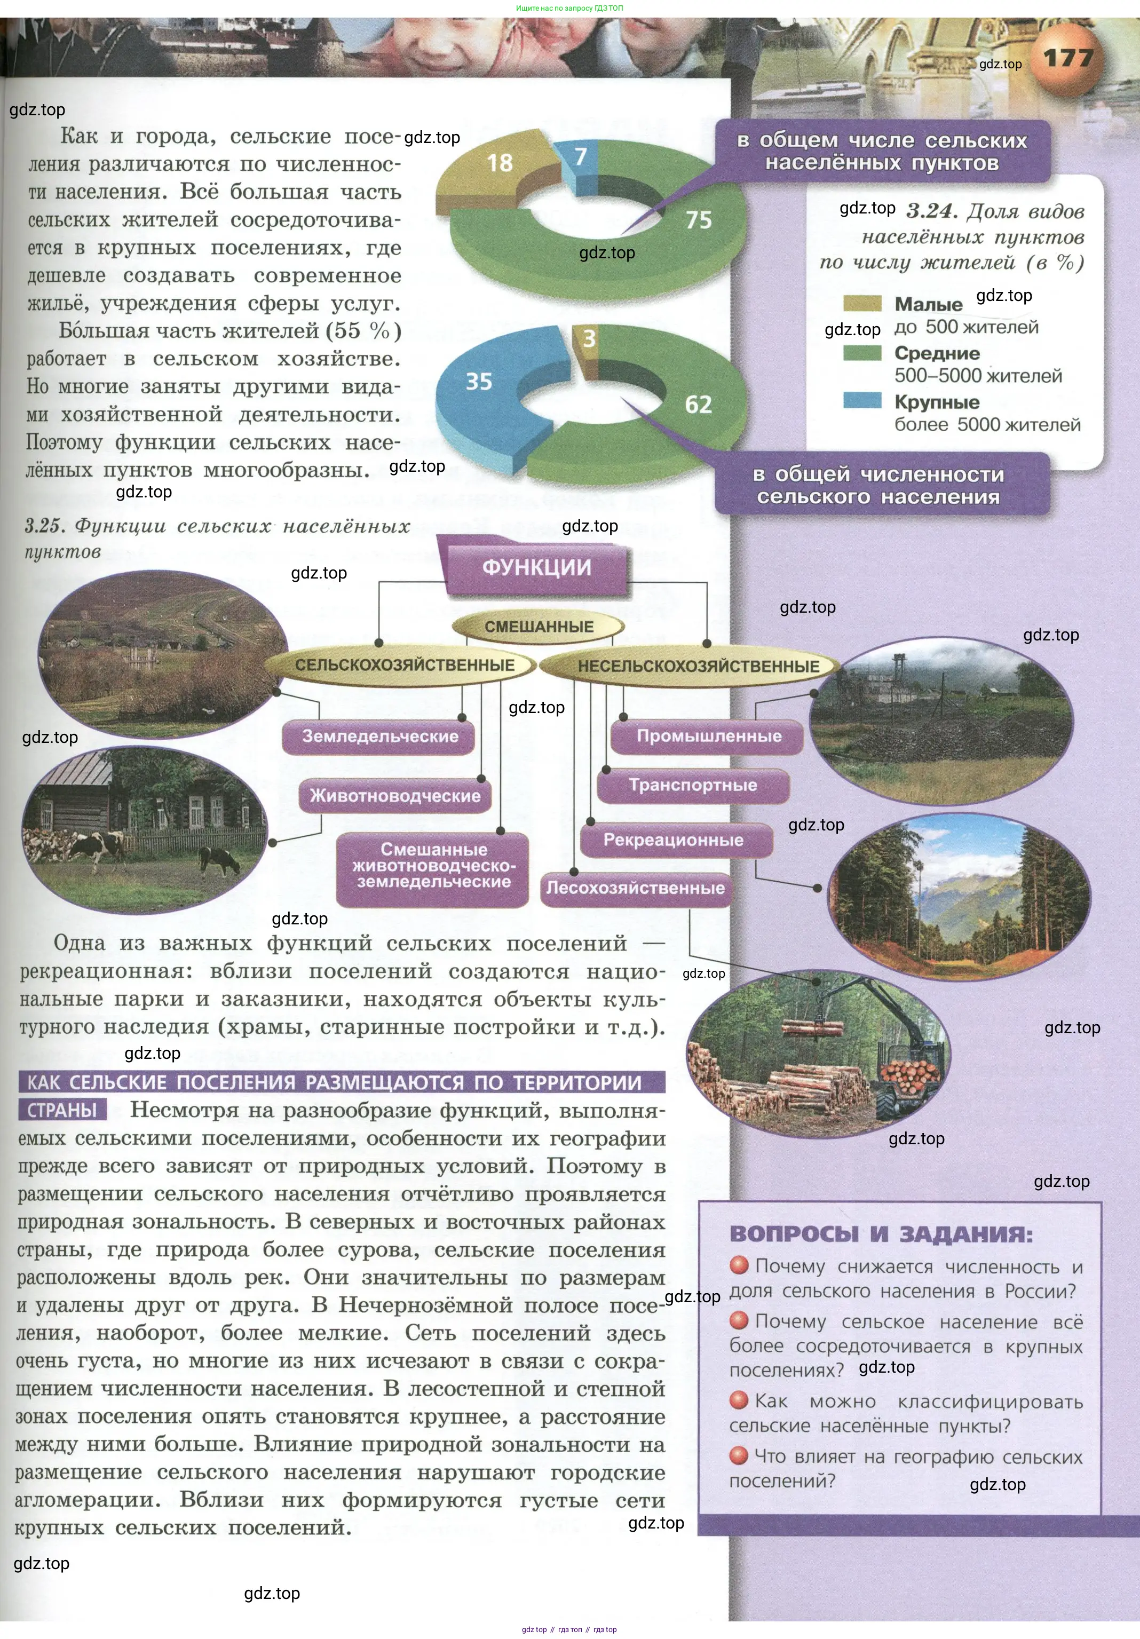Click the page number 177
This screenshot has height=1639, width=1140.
[1068, 58]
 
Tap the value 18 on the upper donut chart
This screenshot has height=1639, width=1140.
[500, 163]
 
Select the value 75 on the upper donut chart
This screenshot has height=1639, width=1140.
[698, 220]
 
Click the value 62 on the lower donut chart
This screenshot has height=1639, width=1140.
[698, 405]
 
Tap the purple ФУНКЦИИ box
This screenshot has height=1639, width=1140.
[537, 568]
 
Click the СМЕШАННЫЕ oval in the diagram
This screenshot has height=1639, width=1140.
[539, 627]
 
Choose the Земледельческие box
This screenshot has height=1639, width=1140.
[380, 737]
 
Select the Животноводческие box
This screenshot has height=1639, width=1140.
[395, 796]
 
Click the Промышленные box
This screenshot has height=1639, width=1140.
[708, 737]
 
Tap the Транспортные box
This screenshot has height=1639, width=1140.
[692, 785]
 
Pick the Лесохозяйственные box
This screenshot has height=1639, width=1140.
[635, 889]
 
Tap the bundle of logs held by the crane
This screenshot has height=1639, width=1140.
[812, 1028]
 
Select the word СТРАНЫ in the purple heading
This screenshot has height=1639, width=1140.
[61, 1110]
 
